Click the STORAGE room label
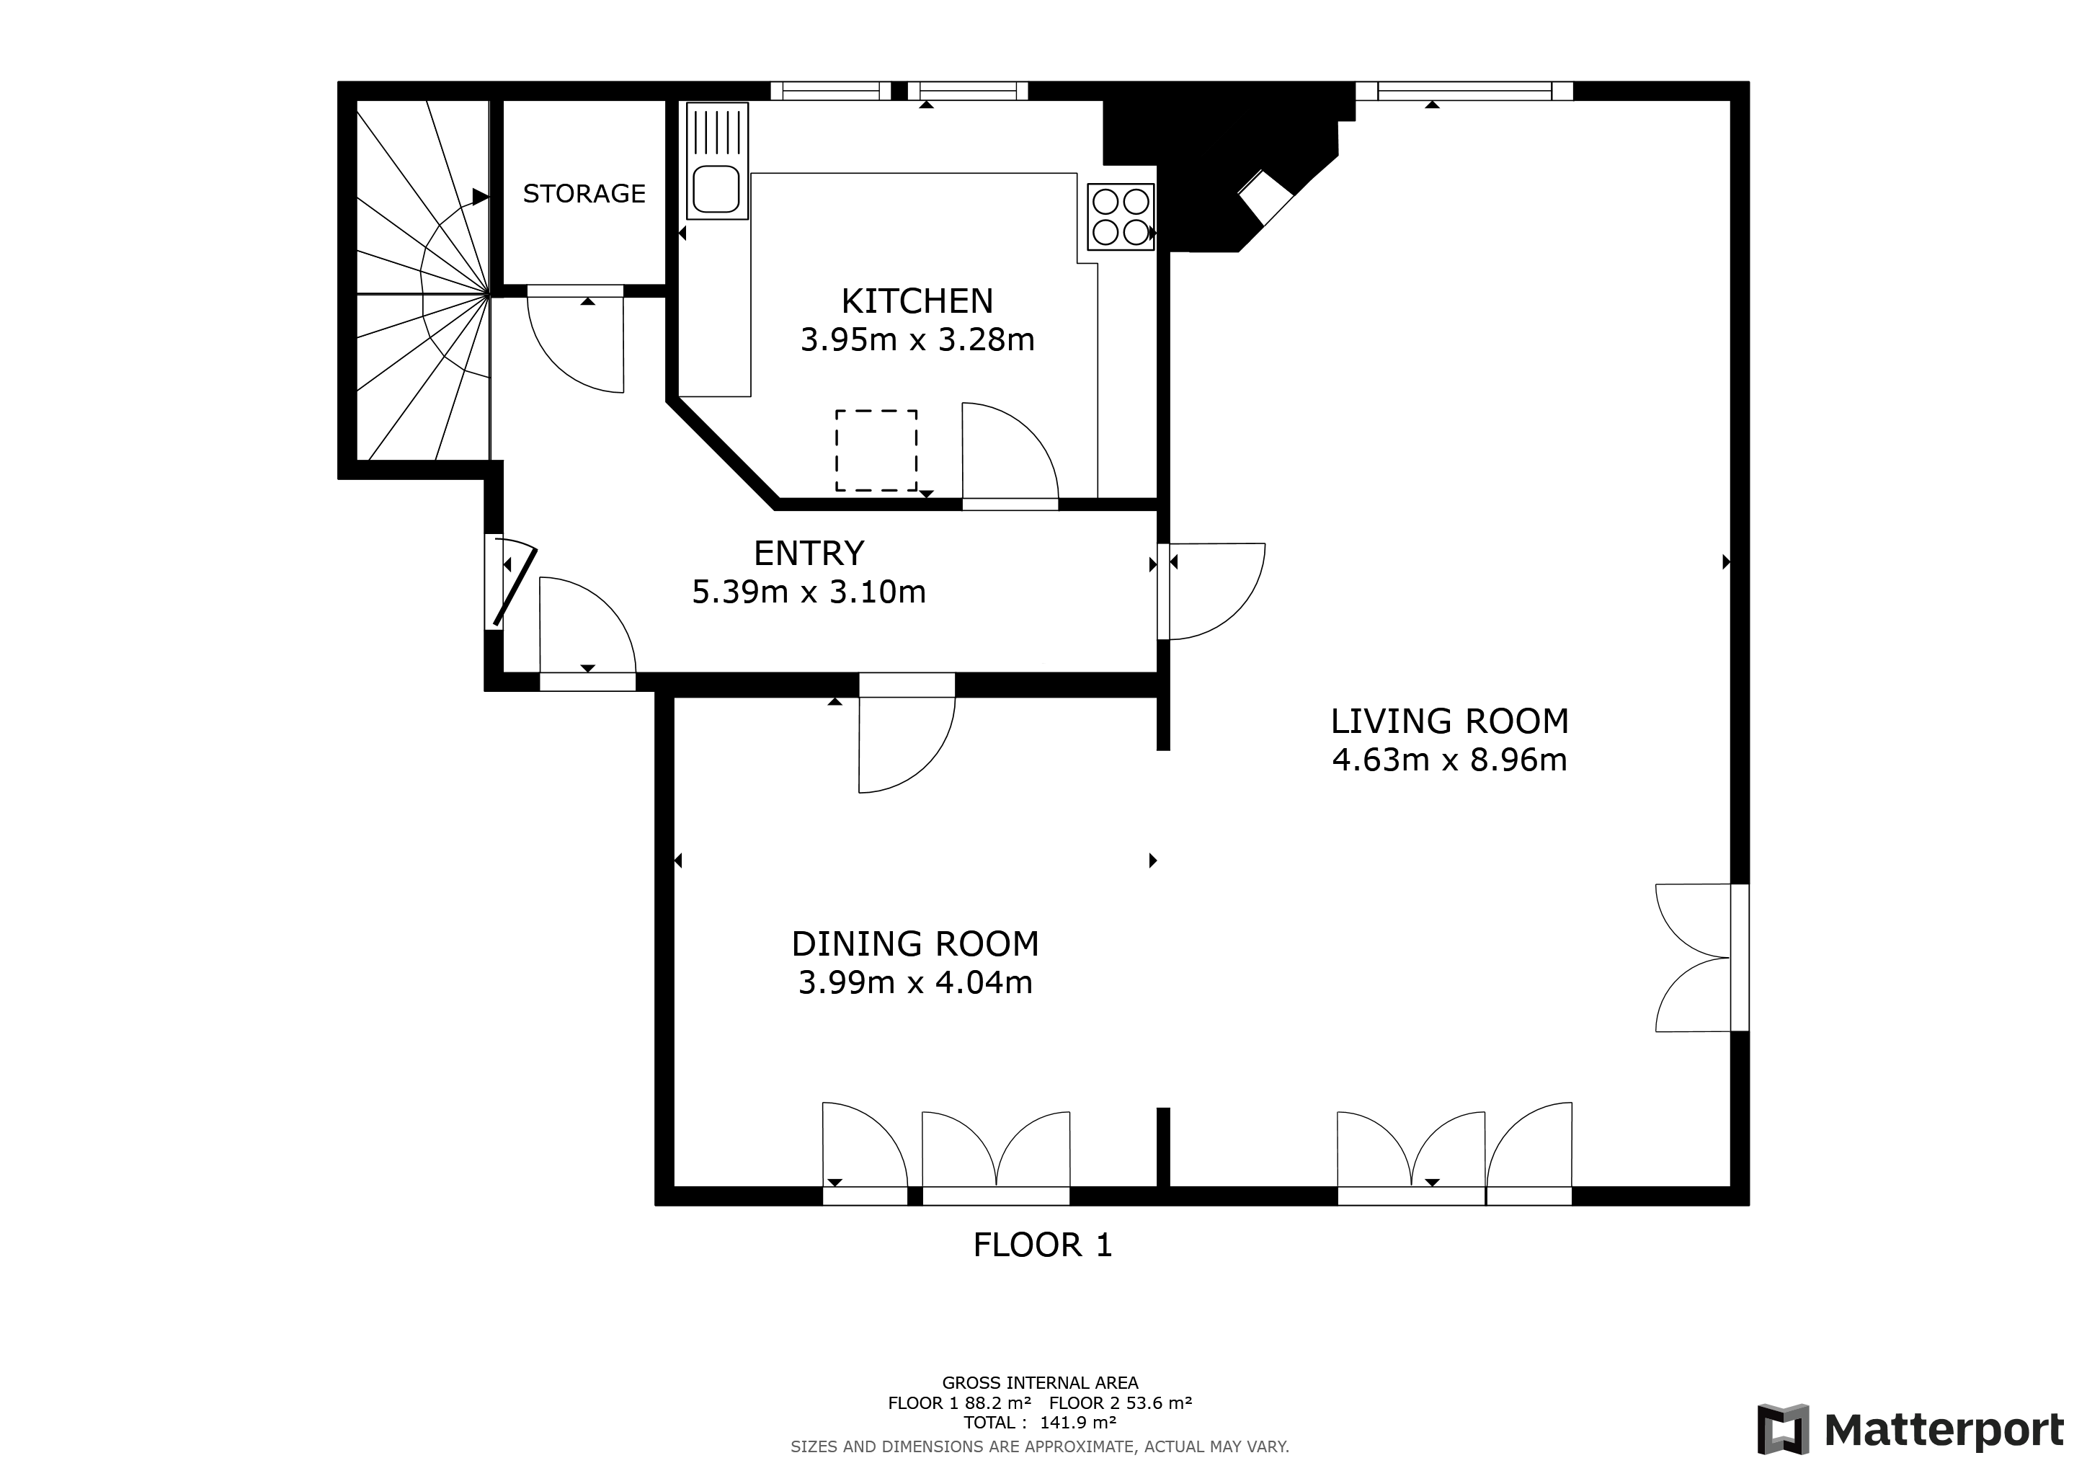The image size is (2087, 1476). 584,194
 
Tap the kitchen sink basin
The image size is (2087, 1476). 716,189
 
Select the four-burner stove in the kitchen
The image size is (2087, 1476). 1121,216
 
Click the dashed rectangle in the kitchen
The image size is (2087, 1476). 876,450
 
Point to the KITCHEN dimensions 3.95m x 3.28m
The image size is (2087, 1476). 917,340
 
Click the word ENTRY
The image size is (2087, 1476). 808,553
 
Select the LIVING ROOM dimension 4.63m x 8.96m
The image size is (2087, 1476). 1449,760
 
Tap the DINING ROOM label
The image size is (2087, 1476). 915,944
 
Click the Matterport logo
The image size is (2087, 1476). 1910,1430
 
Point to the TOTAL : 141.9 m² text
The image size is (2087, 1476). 1040,1423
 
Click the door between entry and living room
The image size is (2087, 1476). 1214,591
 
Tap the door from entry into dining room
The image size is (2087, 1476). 904,741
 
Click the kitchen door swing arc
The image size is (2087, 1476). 1009,450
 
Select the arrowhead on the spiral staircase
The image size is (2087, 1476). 480,196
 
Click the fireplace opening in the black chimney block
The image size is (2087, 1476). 1266,198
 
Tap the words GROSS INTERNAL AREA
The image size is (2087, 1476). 1040,1383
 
